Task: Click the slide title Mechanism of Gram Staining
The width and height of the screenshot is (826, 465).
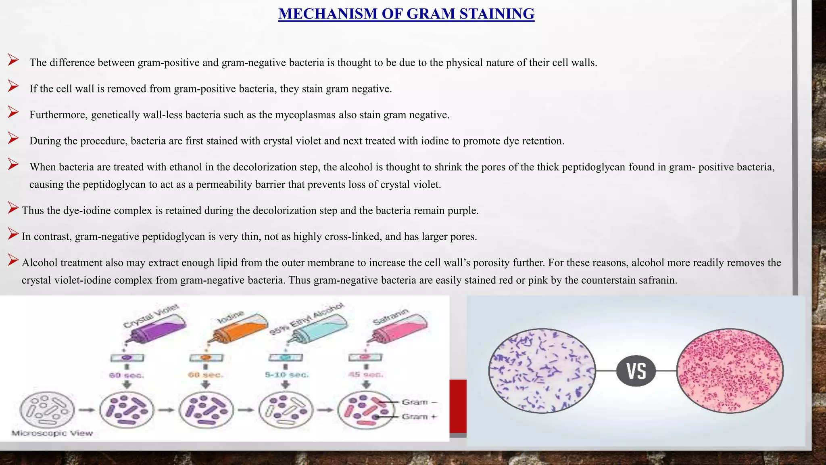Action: tap(406, 14)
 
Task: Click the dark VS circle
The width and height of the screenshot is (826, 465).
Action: tap(636, 371)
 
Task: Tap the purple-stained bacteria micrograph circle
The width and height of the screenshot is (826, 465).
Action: tap(542, 371)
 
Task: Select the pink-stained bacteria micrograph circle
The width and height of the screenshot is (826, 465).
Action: tap(730, 371)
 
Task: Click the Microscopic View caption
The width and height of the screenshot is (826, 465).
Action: tap(52, 433)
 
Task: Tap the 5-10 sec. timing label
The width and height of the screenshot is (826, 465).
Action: tap(286, 375)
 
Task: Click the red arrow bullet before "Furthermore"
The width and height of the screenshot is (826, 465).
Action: tap(13, 112)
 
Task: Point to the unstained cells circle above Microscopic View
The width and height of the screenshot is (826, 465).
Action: tap(47, 410)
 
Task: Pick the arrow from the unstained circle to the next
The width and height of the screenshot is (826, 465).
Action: tap(87, 410)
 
